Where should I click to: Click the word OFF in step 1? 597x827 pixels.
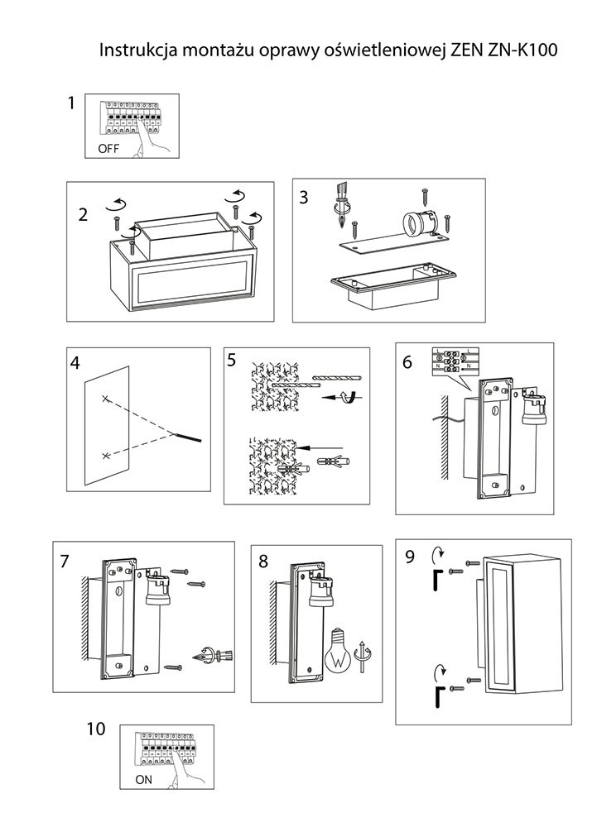[x=108, y=148]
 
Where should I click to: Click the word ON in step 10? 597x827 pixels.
[x=143, y=780]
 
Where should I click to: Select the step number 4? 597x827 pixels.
[x=75, y=363]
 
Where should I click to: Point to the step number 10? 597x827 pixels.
[x=96, y=729]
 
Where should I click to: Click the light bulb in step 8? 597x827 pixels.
[x=339, y=650]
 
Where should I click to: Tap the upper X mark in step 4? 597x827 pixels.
[x=105, y=399]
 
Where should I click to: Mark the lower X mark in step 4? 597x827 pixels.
[x=106, y=455]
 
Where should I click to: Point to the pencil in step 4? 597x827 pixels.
[x=188, y=437]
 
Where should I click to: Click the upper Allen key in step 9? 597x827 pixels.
[x=436, y=579]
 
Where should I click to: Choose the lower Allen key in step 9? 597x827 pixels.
[x=436, y=697]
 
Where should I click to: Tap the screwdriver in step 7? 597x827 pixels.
[x=214, y=657]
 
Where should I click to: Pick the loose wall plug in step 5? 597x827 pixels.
[x=334, y=462]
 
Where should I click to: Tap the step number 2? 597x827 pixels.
[x=83, y=215]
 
